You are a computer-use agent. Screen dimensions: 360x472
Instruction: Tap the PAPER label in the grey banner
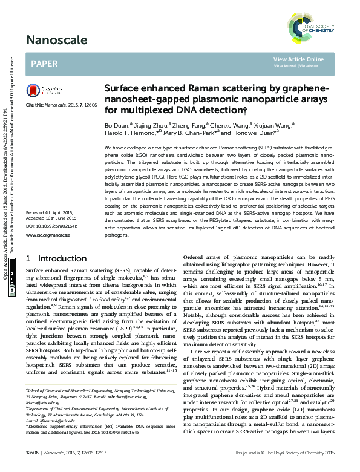click(x=44, y=63)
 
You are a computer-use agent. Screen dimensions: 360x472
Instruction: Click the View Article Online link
click(x=298, y=59)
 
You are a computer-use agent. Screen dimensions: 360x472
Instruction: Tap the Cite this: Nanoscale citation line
click(x=61, y=105)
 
